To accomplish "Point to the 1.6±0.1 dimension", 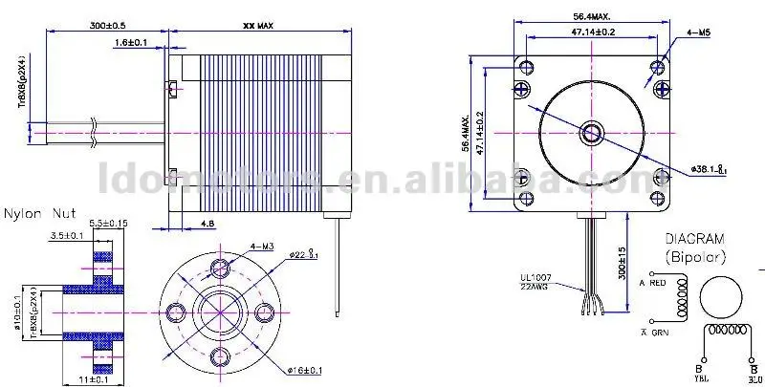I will (x=131, y=44).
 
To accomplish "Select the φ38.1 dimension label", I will (x=711, y=167).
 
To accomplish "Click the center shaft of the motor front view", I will (x=591, y=131).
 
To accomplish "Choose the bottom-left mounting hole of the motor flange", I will (x=523, y=198).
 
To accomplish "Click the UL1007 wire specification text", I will (x=525, y=278).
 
